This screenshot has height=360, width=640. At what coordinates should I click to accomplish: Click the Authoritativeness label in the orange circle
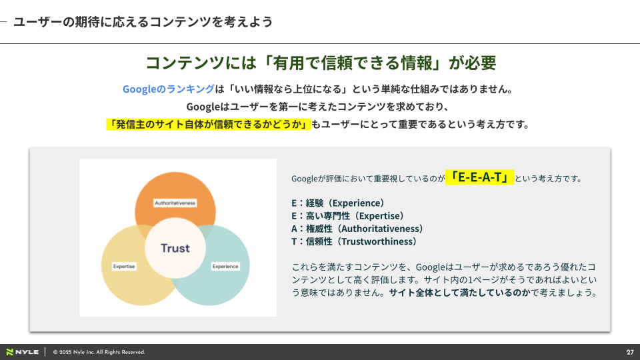175,203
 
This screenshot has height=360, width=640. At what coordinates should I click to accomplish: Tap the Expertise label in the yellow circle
124,267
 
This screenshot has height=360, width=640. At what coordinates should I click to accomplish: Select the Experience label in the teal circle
225,267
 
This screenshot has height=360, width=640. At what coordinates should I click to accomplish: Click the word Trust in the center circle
175,248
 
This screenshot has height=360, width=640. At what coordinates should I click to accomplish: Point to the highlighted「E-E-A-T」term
479,177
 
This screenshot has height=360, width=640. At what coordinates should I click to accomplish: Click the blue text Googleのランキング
168,89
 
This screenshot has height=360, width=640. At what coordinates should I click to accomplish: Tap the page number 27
630,352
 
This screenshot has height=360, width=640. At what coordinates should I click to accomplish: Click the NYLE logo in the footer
23,352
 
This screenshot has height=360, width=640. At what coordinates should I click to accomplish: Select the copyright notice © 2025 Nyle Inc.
99,352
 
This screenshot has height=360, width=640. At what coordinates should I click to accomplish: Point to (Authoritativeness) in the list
380,229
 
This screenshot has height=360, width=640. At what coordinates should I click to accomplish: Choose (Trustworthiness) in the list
377,241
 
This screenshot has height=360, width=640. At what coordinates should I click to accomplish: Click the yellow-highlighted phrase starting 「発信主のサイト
209,124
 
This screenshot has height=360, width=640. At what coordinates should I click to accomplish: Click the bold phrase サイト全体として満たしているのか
459,293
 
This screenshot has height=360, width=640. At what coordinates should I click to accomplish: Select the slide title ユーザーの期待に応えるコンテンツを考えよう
143,21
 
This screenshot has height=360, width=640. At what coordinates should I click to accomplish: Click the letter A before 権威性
294,229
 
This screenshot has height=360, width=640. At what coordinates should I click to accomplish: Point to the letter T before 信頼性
294,241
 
